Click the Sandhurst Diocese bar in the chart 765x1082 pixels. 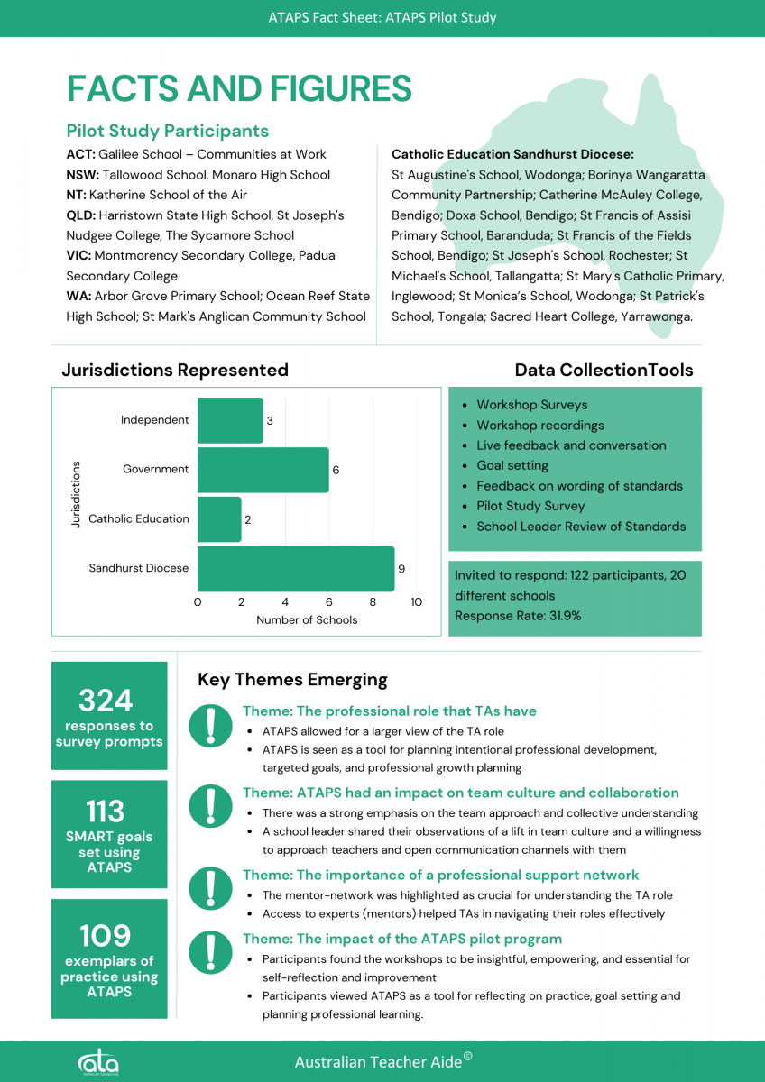coord(296,568)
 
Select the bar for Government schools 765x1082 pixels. coord(263,470)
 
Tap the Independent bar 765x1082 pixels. coord(230,420)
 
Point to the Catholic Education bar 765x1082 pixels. coord(219,519)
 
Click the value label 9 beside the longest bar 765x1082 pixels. coord(401,569)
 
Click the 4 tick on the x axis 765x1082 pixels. coord(285,602)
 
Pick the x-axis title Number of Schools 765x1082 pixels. coord(307,620)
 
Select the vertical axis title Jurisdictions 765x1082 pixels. coord(76,494)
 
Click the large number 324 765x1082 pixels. coord(106,701)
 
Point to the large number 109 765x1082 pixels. coord(106,935)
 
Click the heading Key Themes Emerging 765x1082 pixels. coord(292,680)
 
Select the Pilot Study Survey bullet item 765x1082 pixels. coord(530,507)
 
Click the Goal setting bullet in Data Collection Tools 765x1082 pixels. coord(512,466)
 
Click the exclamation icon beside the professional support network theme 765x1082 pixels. coord(210,888)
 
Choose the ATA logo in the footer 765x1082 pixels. coord(97,1062)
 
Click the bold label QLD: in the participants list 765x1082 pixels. coord(81,215)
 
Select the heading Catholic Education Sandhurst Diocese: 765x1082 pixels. coord(512,155)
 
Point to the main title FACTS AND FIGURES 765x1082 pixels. coord(239,89)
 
